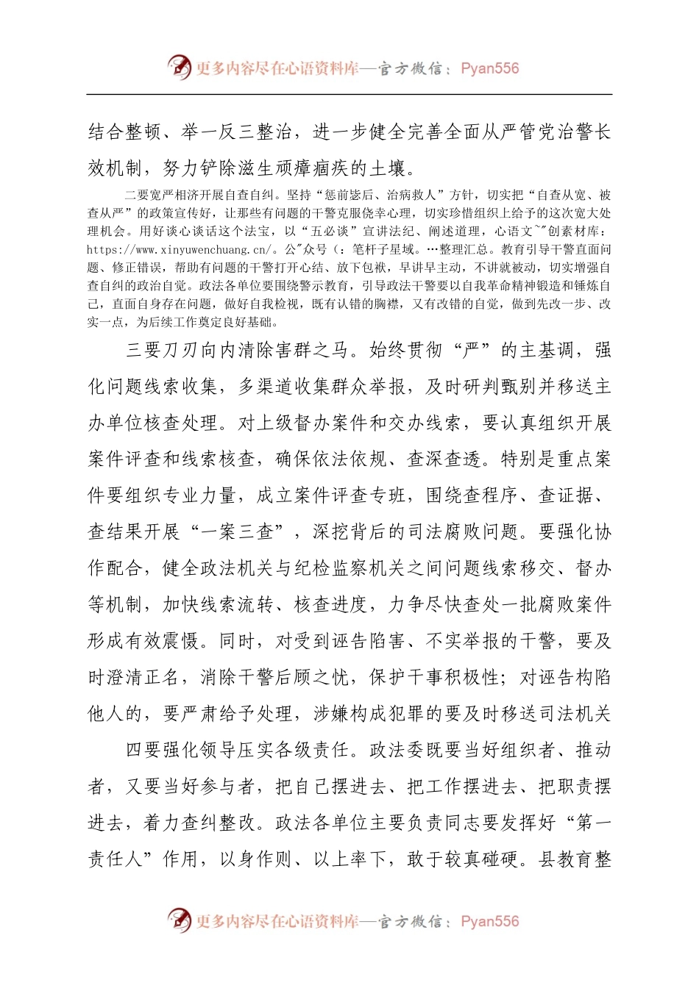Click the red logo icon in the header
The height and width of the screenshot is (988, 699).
point(179,68)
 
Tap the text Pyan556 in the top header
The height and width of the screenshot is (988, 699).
point(489,68)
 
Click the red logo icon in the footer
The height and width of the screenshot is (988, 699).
point(179,920)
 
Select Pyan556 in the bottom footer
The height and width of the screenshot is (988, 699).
point(489,921)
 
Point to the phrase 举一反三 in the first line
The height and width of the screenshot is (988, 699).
point(219,132)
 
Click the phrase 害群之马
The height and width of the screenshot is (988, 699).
point(312,350)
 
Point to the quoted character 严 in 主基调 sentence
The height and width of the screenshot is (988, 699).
point(471,350)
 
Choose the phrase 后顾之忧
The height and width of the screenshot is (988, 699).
point(312,677)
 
